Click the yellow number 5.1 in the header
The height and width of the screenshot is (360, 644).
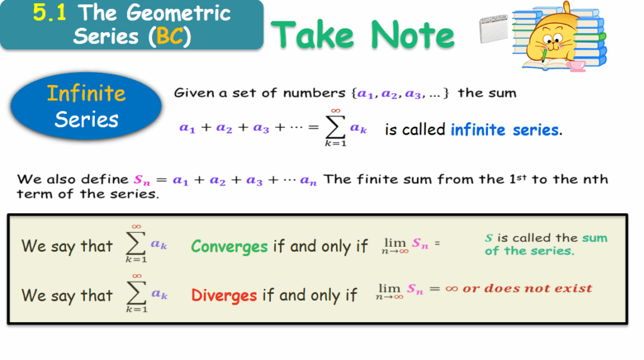(x=49, y=12)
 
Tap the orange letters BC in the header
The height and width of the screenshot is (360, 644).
(x=170, y=36)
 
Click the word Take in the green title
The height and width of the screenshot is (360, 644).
(x=313, y=35)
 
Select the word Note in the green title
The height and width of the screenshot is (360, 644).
(x=413, y=35)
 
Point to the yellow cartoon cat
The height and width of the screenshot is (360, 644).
(x=552, y=39)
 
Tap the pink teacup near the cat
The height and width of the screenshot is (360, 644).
(x=576, y=65)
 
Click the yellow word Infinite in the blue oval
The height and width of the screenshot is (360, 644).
(x=86, y=93)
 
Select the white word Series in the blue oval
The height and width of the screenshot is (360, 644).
(x=86, y=120)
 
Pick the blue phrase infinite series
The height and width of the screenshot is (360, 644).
(x=505, y=130)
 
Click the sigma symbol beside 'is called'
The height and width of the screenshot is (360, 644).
(x=336, y=128)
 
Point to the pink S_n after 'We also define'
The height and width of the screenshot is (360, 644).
(x=142, y=180)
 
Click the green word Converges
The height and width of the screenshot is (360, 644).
(x=229, y=247)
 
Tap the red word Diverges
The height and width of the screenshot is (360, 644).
(x=224, y=295)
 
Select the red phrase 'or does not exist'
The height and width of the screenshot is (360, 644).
(x=528, y=288)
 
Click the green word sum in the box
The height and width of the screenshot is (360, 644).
(x=594, y=238)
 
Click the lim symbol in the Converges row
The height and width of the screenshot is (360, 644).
(x=395, y=245)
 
